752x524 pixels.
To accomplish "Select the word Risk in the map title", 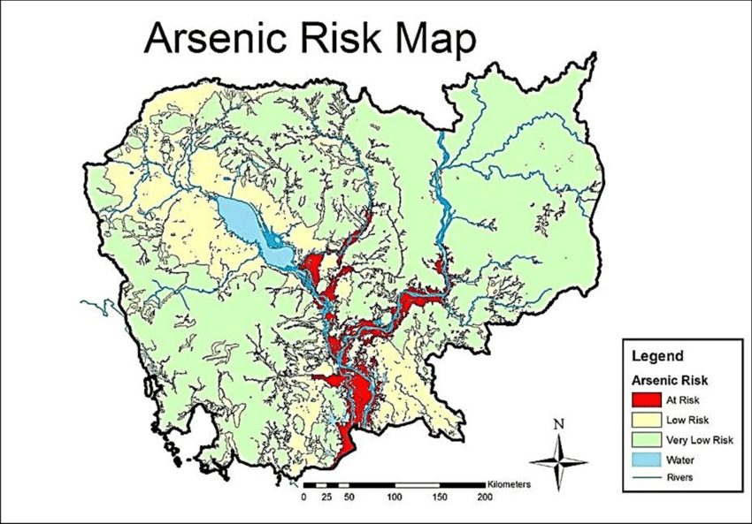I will click(x=341, y=40).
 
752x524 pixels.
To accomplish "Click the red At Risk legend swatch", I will click(x=646, y=400).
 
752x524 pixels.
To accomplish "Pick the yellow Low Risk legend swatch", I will click(x=646, y=420).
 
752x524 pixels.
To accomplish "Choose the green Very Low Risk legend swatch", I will click(x=646, y=440).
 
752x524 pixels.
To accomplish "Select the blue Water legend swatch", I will click(x=646, y=459).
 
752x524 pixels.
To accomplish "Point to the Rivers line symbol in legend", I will click(x=646, y=477).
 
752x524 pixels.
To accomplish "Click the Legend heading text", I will click(x=657, y=357).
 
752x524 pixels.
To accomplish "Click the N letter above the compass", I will click(x=557, y=423).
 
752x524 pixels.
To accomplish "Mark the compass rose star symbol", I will click(x=557, y=460).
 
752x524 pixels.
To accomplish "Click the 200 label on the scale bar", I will click(x=485, y=498).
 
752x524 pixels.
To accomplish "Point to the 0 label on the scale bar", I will click(x=303, y=498).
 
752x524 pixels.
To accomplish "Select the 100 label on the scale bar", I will click(x=394, y=498).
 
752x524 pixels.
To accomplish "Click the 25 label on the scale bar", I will click(x=325, y=498).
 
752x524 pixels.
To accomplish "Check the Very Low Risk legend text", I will click(x=699, y=440).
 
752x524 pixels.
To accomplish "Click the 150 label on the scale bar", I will click(x=440, y=498).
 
